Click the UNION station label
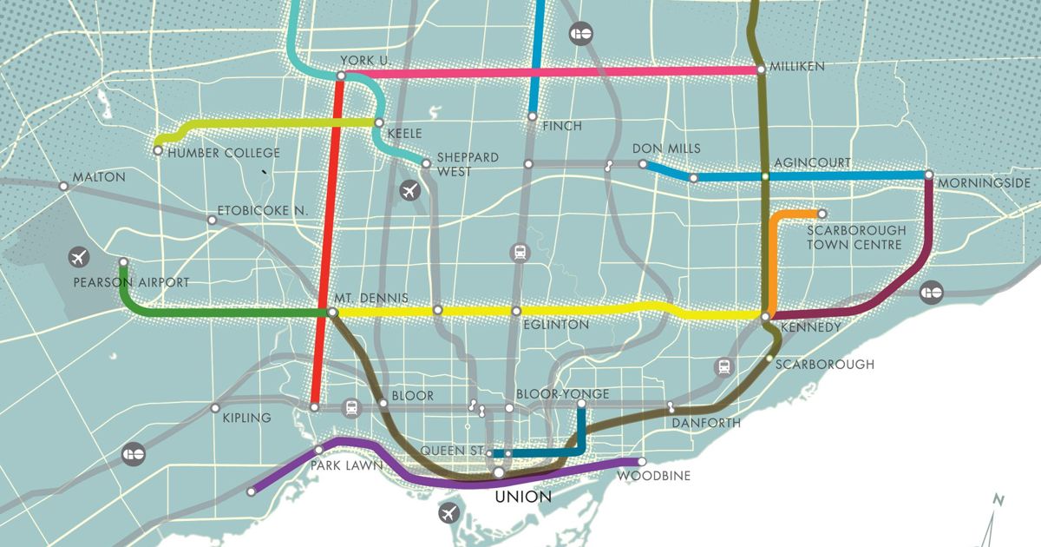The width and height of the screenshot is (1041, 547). [522, 498]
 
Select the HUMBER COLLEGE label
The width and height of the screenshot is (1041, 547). [224, 154]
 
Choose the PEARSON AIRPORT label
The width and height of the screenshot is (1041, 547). [131, 282]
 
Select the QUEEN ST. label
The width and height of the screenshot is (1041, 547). [451, 451]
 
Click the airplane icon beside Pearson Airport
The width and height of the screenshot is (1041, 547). [79, 258]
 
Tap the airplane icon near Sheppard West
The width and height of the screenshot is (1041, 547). [409, 190]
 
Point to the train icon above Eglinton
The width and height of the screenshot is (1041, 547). [520, 253]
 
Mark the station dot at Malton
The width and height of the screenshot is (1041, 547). [63, 186]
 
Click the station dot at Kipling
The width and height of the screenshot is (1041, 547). [215, 408]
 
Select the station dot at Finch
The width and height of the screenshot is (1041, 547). [533, 116]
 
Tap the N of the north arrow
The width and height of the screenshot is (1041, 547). [999, 499]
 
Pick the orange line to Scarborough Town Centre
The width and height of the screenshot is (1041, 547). [773, 252]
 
